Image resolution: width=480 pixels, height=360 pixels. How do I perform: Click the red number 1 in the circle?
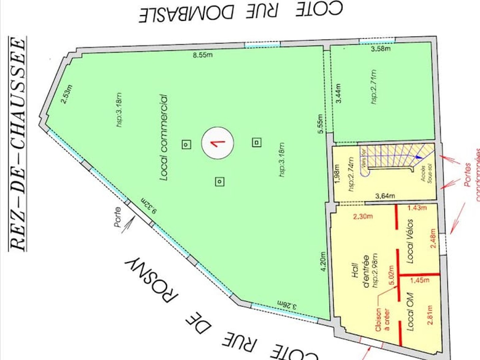pyautogui.click(x=217, y=143)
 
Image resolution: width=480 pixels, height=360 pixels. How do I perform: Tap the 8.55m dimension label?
pyautogui.click(x=202, y=55)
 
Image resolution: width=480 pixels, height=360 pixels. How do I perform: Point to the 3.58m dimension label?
pyautogui.click(x=380, y=49)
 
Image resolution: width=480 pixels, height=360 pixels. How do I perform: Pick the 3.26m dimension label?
pyautogui.click(x=287, y=305)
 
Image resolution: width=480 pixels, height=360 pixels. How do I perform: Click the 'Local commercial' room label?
pyautogui.click(x=164, y=138)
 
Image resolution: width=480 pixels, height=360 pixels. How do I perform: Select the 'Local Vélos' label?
pyautogui.click(x=410, y=241)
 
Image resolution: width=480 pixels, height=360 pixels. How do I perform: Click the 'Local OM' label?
pyautogui.click(x=410, y=312)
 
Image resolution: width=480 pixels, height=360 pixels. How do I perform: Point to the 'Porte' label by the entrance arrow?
pyautogui.click(x=117, y=217)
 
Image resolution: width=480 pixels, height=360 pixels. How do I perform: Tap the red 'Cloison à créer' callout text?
pyautogui.click(x=382, y=319)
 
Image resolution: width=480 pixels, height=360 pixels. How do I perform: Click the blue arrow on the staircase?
pyautogui.click(x=418, y=157)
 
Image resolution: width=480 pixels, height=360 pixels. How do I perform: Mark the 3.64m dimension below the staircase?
pyautogui.click(x=385, y=196)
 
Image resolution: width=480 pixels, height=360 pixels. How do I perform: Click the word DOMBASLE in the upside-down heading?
pyautogui.click(x=186, y=13)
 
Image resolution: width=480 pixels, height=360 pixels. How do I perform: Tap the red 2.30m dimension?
pyautogui.click(x=363, y=217)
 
